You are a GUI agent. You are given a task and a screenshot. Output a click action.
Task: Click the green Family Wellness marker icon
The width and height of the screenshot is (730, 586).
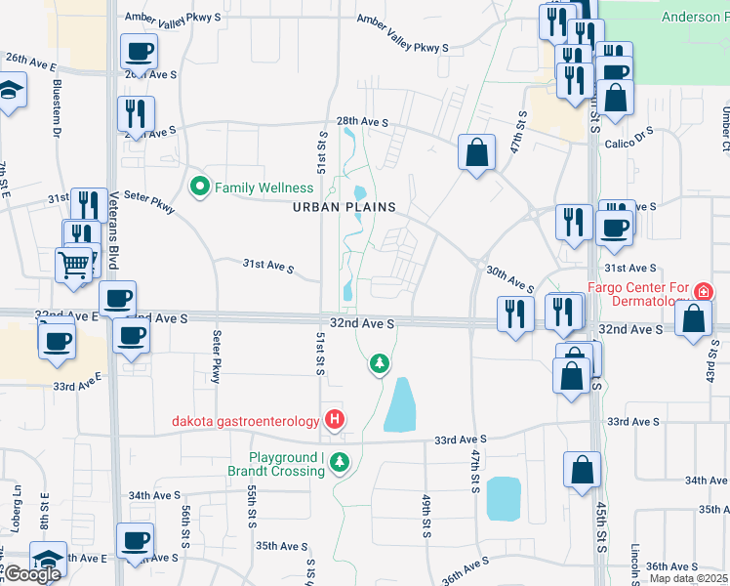click(200, 185)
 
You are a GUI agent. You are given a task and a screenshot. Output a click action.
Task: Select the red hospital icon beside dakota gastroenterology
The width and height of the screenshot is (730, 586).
click(335, 420)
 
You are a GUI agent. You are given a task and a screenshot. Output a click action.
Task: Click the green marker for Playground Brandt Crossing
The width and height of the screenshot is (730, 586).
click(340, 462)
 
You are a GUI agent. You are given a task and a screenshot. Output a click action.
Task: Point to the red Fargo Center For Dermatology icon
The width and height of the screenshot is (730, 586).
click(703, 291)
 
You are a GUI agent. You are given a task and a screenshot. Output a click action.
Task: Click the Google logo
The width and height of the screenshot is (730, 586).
click(32, 574)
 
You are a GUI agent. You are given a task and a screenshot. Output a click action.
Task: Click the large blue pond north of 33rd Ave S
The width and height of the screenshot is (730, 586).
click(400, 404)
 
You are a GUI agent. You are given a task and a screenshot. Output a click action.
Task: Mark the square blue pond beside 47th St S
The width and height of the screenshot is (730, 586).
click(503, 498)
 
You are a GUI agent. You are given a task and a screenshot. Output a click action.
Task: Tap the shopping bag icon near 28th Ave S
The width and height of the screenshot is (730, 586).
click(476, 152)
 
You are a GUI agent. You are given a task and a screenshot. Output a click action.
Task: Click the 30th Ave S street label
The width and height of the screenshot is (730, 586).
click(508, 279)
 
